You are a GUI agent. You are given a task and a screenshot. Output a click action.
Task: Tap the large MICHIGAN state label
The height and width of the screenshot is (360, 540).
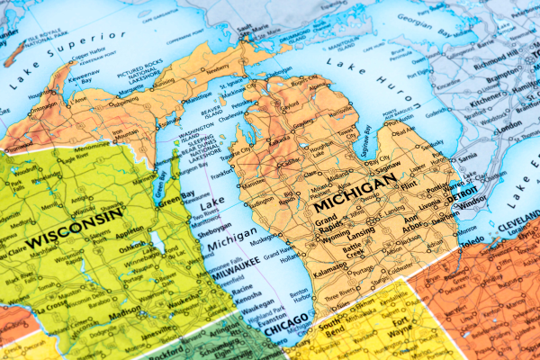click(x=355, y=192)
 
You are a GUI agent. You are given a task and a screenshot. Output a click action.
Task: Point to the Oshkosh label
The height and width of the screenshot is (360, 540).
click(x=132, y=244)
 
